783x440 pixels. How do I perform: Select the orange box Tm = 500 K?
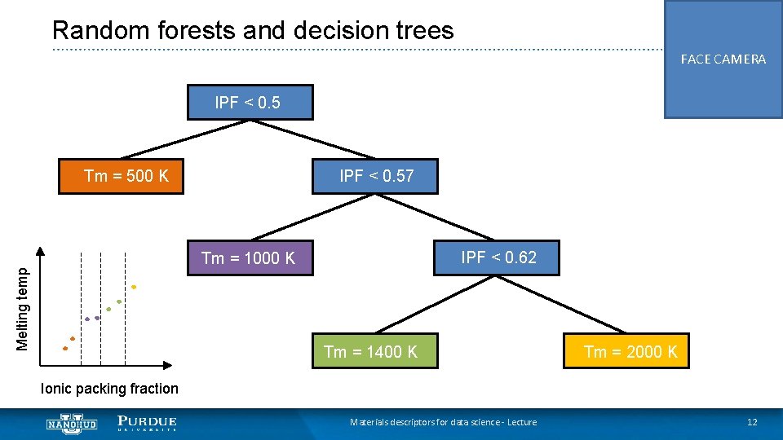pos(122,176)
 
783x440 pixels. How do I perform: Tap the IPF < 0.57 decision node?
pos(376,176)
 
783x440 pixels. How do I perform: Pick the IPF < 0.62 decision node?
pos(498,257)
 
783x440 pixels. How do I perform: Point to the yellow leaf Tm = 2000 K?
pos(626,351)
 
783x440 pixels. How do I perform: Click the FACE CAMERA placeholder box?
pos(723,59)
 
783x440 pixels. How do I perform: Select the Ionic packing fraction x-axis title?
pos(109,389)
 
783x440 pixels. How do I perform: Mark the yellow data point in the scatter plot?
pos(134,287)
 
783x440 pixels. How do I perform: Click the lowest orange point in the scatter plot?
pos(65,349)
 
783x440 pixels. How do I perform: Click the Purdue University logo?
pos(147,424)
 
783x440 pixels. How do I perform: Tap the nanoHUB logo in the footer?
pos(72,424)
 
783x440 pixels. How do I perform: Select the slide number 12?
pos(752,422)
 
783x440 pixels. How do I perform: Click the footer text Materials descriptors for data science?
pos(443,422)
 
